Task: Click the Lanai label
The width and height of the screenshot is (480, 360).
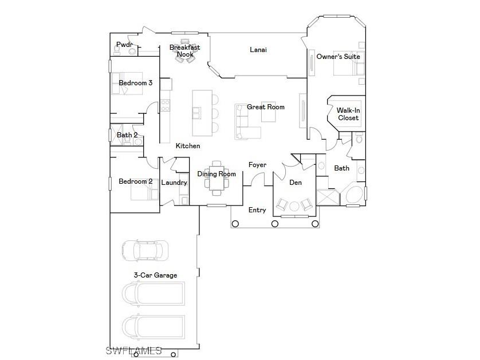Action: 258,50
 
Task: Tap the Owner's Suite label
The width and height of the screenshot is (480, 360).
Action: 338,57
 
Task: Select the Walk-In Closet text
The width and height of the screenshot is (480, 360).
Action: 348,114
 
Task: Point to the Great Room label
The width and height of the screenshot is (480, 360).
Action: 265,107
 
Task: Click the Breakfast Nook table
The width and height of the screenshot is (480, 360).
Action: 185,49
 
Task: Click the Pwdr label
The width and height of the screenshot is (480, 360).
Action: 124,45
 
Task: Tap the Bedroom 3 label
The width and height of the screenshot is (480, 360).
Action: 135,83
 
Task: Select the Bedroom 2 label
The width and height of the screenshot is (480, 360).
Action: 135,181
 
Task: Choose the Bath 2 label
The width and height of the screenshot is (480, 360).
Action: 127,135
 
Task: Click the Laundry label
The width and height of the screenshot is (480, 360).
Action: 174,183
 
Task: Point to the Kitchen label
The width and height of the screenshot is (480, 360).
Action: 188,146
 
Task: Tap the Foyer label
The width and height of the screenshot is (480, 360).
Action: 257,165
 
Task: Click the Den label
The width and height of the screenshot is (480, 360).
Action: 296,183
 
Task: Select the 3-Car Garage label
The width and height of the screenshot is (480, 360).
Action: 155,275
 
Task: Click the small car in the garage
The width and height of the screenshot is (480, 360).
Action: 145,250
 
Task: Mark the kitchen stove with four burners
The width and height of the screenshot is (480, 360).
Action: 165,105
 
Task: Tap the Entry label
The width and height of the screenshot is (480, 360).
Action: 257,210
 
